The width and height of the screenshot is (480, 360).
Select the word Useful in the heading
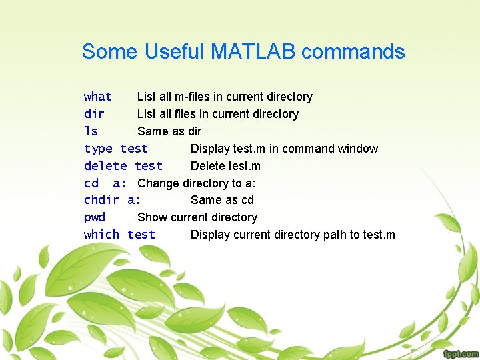(x=174, y=51)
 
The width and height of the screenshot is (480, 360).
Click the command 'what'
(x=98, y=97)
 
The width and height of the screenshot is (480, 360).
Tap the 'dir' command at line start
(x=94, y=114)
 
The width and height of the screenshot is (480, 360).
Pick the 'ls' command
(x=91, y=131)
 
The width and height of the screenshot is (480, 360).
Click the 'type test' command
(x=116, y=149)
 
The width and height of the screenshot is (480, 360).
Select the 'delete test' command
(x=123, y=166)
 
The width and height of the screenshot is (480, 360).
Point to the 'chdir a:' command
(x=112, y=200)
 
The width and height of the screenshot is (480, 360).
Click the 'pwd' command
(x=95, y=217)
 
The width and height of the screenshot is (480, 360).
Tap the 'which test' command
(x=119, y=235)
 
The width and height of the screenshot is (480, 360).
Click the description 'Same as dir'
(x=169, y=131)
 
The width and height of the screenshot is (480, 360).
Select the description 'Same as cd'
(x=222, y=200)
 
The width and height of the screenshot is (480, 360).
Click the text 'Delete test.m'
(x=225, y=166)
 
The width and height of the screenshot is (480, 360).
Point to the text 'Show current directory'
(x=197, y=217)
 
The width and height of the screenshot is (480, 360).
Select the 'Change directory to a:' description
(x=197, y=183)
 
